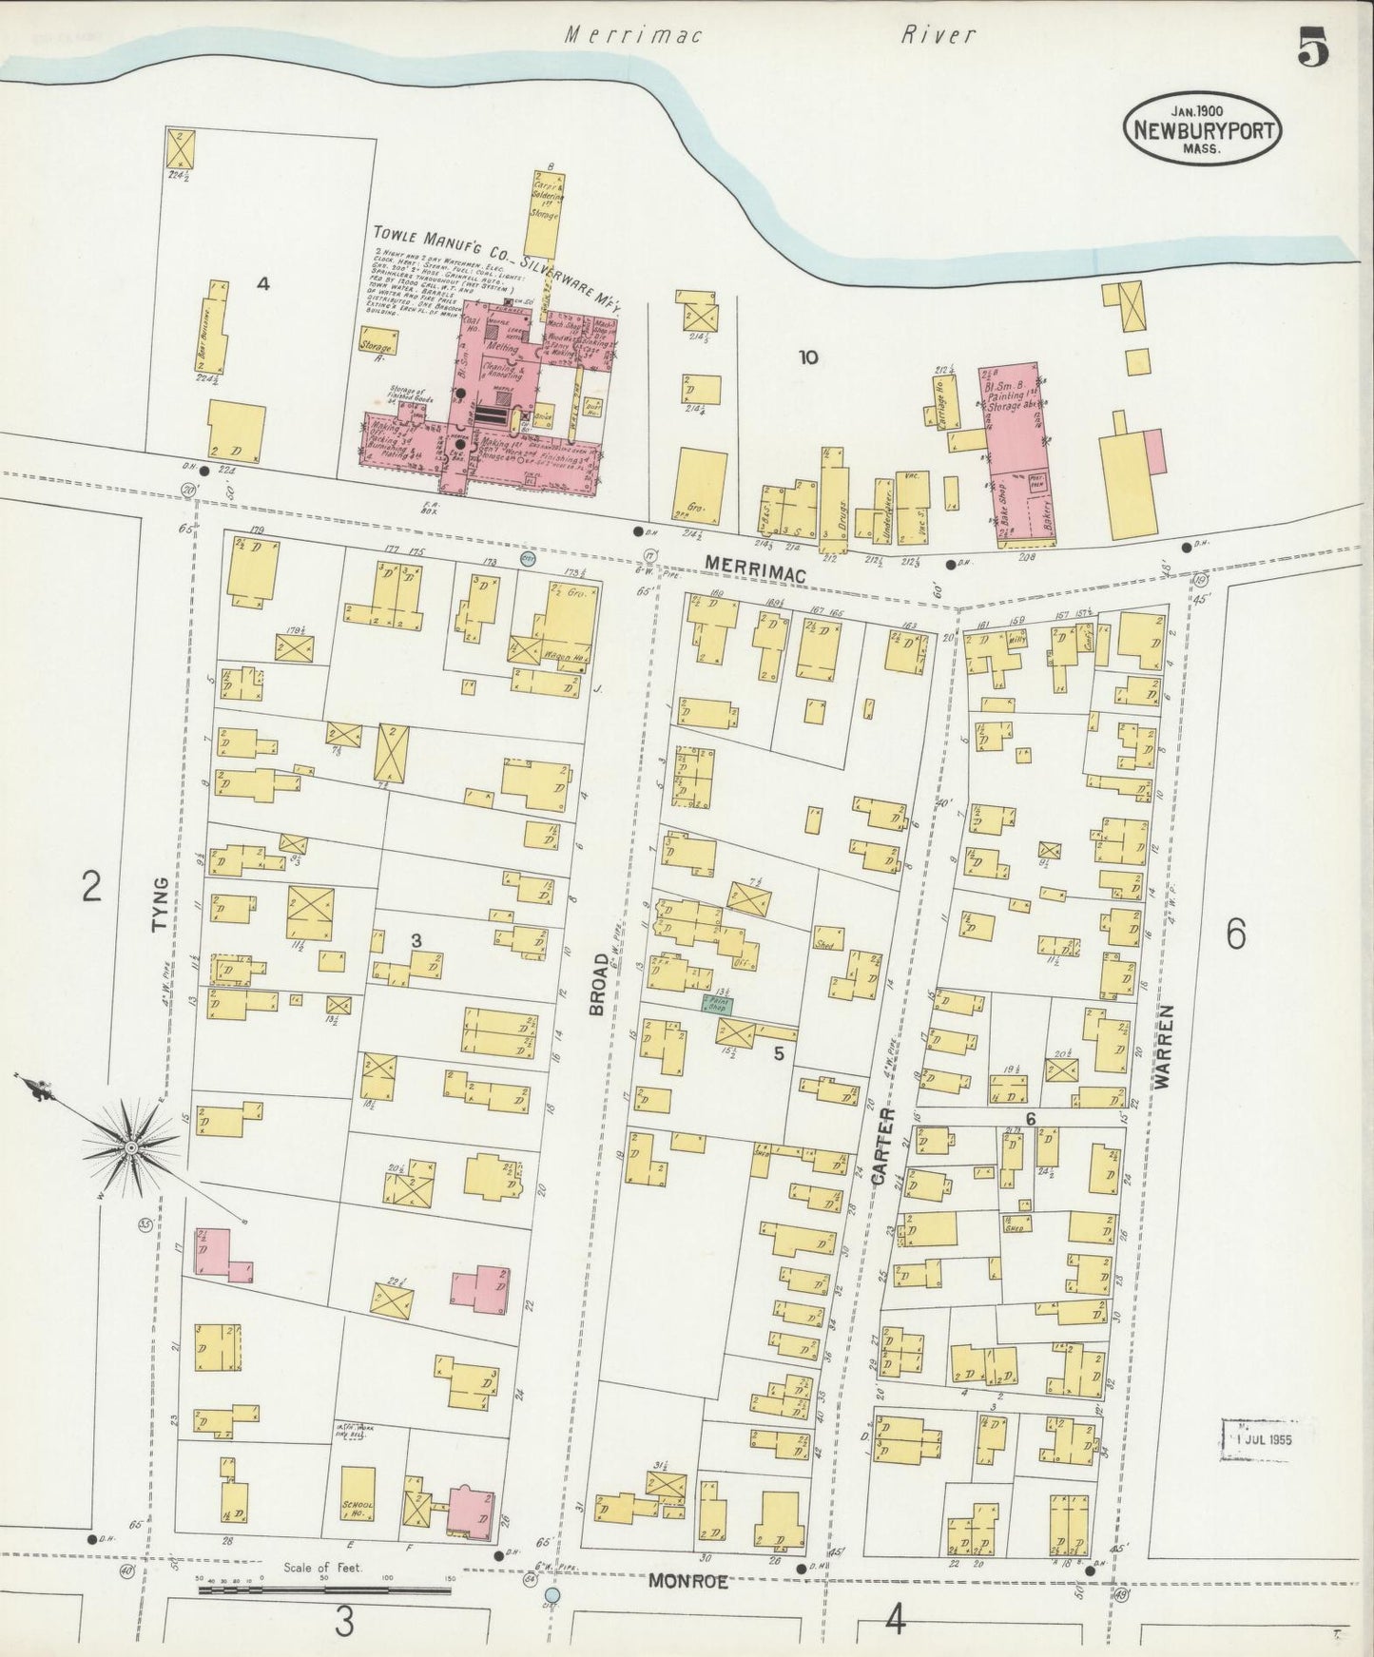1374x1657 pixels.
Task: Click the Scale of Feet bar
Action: pos(323,1581)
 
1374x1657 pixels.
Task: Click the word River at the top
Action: pos(939,36)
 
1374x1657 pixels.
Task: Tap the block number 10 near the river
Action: pos(808,357)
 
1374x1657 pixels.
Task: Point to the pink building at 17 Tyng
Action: pos(214,1253)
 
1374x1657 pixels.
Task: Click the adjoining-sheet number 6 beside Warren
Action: pos(1235,935)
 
